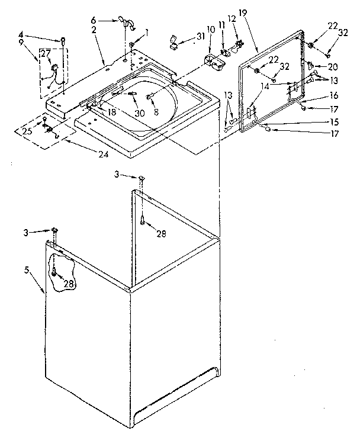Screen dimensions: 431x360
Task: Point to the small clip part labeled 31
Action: (173, 43)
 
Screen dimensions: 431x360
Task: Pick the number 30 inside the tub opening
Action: (140, 112)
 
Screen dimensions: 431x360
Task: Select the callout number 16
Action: (335, 95)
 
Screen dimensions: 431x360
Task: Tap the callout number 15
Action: (335, 122)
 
